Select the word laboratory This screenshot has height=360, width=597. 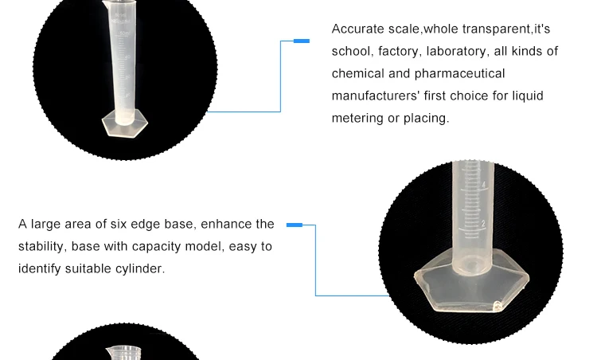(448, 52)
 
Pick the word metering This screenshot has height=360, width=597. (357, 119)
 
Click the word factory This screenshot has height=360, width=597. (396, 52)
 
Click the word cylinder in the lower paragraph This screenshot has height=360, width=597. (144, 269)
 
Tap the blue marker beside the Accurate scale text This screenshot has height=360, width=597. (302, 41)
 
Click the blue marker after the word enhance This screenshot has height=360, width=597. (295, 225)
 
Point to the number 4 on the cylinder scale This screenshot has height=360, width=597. (483, 186)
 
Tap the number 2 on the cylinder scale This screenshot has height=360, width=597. (483, 224)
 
